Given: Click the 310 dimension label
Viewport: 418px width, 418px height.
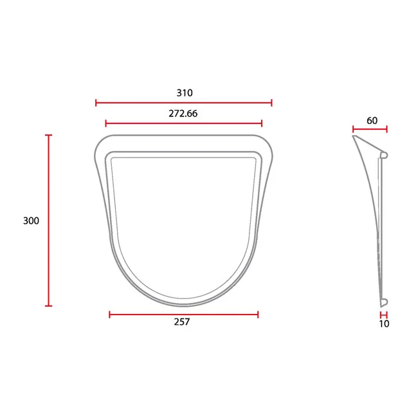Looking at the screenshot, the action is click(x=185, y=93).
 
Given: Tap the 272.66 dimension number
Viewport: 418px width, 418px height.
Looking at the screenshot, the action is click(x=183, y=114).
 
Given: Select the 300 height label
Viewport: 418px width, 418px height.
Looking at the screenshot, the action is click(x=32, y=221).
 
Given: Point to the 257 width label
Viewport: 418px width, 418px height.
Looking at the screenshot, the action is click(x=182, y=322).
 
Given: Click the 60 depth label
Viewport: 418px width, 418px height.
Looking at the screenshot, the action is click(x=372, y=120).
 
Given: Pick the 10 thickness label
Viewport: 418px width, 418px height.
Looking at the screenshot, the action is click(x=384, y=324).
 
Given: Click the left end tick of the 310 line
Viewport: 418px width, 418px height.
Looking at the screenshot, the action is click(x=96, y=103).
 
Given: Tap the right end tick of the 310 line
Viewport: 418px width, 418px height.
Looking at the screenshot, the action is click(x=271, y=103).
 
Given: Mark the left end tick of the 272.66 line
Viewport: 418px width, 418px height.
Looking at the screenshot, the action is click(x=106, y=123).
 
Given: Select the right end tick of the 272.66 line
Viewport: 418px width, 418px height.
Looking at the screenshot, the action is click(x=262, y=123).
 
